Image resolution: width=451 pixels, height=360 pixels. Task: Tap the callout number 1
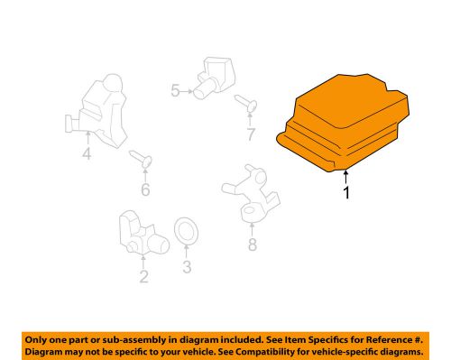(346, 192)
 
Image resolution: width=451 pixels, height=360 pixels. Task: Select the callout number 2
(143, 277)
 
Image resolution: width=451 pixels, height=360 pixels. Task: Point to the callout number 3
(187, 267)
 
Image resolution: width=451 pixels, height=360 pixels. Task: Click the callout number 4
(87, 153)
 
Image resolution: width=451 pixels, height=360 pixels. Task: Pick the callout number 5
(175, 90)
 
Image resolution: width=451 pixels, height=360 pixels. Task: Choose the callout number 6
(145, 189)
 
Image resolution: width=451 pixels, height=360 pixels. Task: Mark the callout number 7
(251, 134)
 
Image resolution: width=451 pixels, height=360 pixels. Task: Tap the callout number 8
(253, 245)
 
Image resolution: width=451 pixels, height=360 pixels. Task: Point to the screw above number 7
(246, 103)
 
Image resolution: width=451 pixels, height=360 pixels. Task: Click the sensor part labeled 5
(214, 78)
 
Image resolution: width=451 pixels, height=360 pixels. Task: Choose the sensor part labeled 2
(143, 234)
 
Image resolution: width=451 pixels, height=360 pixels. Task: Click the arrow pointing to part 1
(345, 177)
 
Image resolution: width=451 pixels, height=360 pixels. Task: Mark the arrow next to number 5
(187, 91)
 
